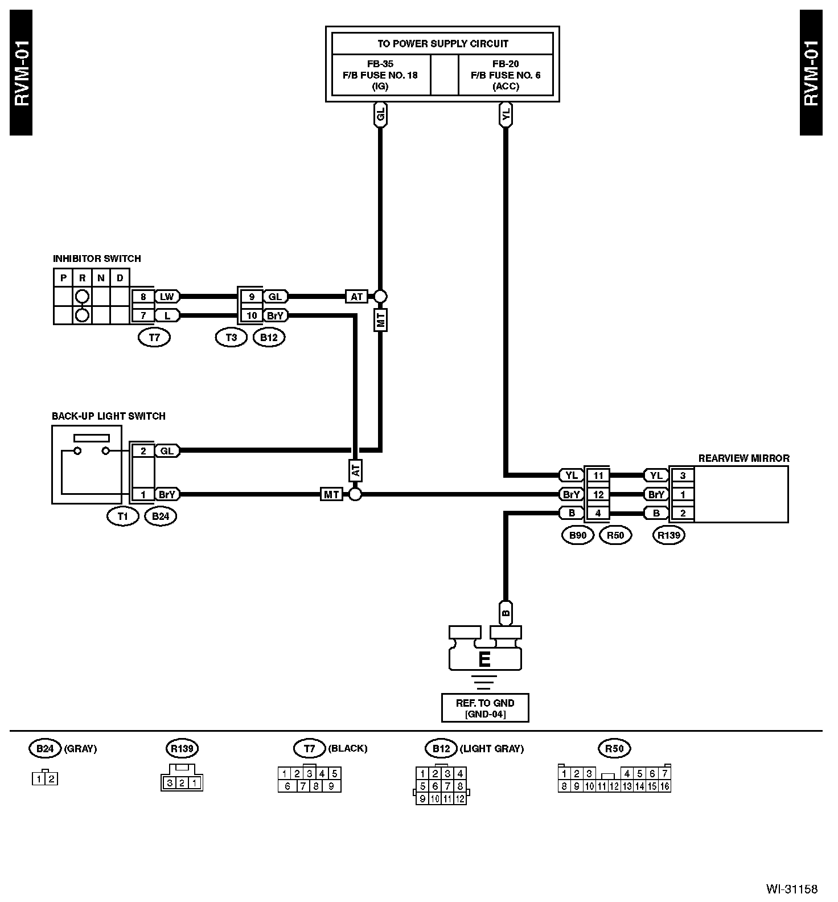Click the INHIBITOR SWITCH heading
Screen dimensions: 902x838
coord(97,259)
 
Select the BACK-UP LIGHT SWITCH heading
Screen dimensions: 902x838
coord(108,416)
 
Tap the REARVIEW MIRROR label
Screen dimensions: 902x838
coord(743,458)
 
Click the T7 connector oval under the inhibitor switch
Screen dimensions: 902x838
coord(154,337)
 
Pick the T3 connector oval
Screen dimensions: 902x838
coord(231,337)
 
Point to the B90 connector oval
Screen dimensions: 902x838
coord(577,535)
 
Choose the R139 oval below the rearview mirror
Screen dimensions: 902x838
coord(669,535)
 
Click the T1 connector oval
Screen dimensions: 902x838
coord(123,516)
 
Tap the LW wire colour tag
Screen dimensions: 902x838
coord(167,297)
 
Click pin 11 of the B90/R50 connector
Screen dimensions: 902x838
coord(598,475)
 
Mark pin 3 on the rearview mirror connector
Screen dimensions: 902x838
coord(683,475)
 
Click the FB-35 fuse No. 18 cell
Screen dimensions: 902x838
coord(380,75)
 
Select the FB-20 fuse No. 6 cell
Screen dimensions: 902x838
coord(506,75)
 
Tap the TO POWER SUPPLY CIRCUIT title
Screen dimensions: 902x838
coord(442,44)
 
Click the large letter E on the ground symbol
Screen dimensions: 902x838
coord(484,659)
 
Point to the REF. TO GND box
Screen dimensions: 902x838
coord(485,708)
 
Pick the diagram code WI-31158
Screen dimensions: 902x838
coord(791,889)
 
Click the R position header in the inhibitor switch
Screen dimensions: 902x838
coord(83,278)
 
